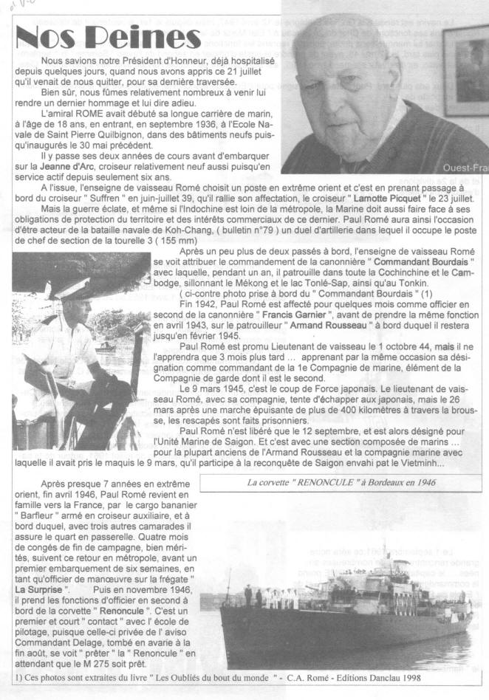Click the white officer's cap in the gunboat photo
pyautogui.click(x=66, y=289)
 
